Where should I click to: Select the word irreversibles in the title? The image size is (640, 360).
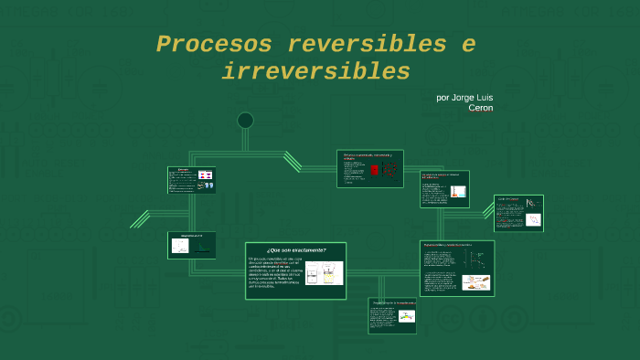coord(316,71)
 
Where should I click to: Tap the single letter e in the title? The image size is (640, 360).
coord(468,44)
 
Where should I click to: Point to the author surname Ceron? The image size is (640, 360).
coord(480,108)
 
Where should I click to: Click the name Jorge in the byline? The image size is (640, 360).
coord(467,97)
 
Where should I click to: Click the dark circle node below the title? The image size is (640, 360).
coord(245,120)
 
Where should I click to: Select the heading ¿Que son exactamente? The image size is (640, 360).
coord(295,249)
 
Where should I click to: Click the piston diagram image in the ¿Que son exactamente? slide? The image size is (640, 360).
coord(325,272)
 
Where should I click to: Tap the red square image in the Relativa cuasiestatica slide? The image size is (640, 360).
coord(374,170)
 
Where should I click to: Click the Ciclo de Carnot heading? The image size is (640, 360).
coord(508,198)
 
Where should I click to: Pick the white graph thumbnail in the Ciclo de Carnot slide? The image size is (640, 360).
coord(531,220)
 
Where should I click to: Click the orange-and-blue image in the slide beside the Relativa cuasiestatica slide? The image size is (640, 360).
coord(459,191)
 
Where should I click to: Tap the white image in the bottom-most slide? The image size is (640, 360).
coord(405,316)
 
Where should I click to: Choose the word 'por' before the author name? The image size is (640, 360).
coord(443,97)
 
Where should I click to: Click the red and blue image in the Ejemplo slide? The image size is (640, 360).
coord(205,174)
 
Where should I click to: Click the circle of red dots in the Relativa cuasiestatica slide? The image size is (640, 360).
coord(390,170)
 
